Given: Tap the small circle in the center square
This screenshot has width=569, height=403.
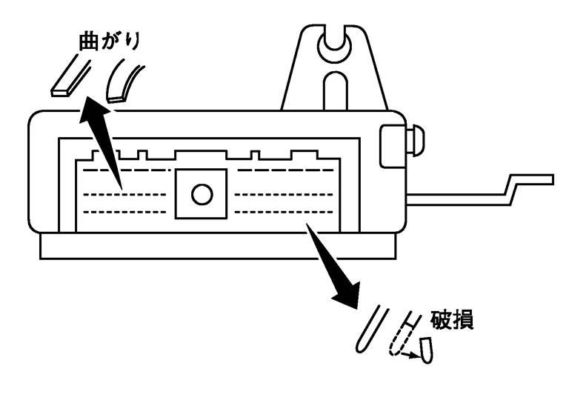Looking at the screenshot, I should (201, 195).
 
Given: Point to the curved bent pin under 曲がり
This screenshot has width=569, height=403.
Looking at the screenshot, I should (124, 79).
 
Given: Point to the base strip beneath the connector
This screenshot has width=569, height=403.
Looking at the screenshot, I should (222, 246).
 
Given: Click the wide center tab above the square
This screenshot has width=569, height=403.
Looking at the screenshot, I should (201, 156).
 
